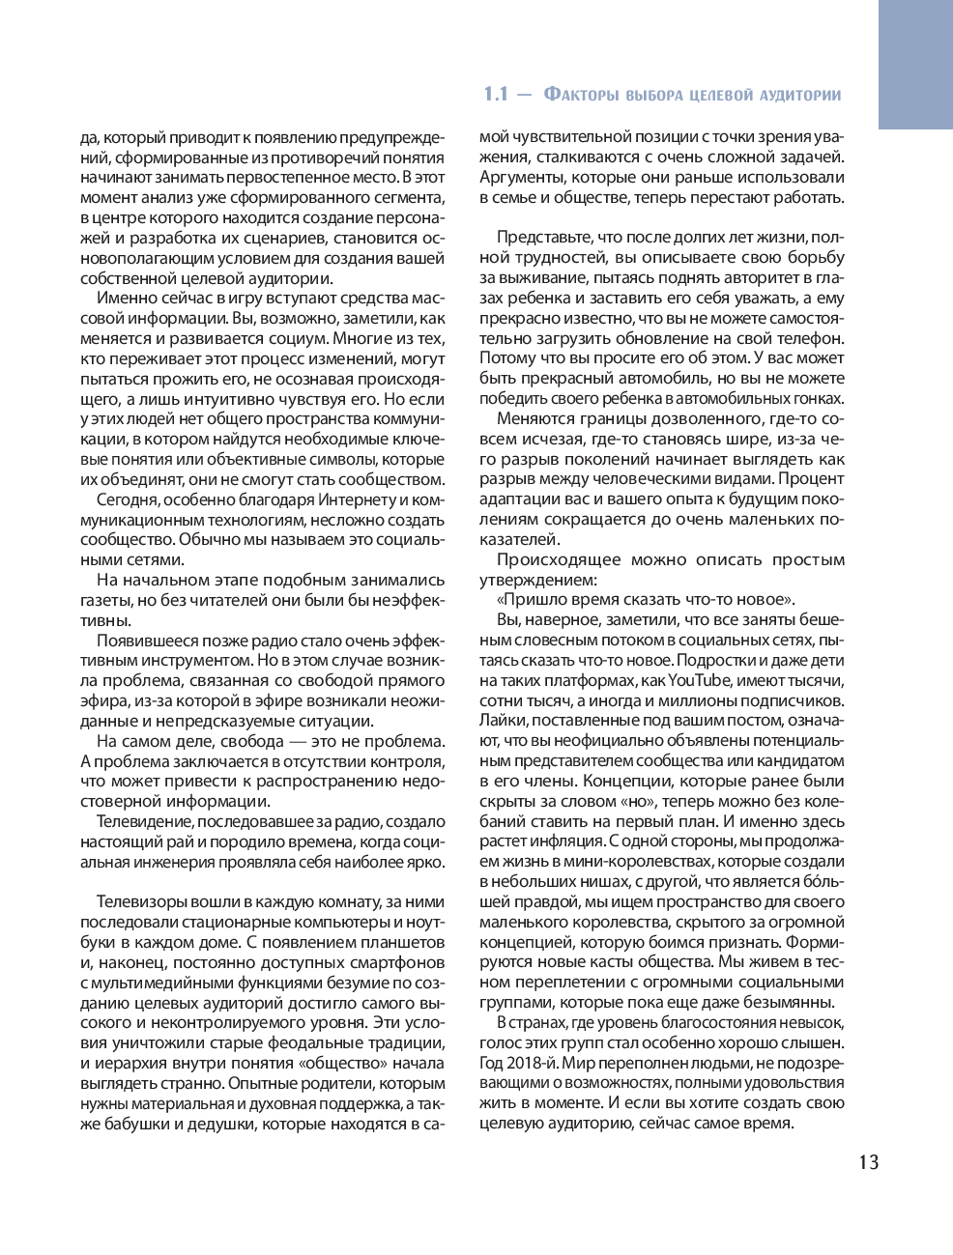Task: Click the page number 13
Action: point(868,1162)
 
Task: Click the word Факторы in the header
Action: point(582,95)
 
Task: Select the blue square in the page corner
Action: point(914,64)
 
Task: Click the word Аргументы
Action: point(521,178)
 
